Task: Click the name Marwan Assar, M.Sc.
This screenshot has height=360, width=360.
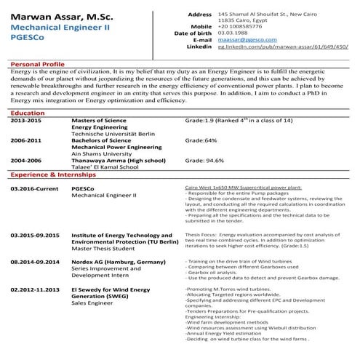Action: pyautogui.click(x=57, y=15)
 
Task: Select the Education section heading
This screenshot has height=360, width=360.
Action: pyautogui.click(x=28, y=113)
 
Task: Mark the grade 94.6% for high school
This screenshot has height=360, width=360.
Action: pyautogui.click(x=204, y=160)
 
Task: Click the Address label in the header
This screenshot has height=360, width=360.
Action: pyautogui.click(x=200, y=14)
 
